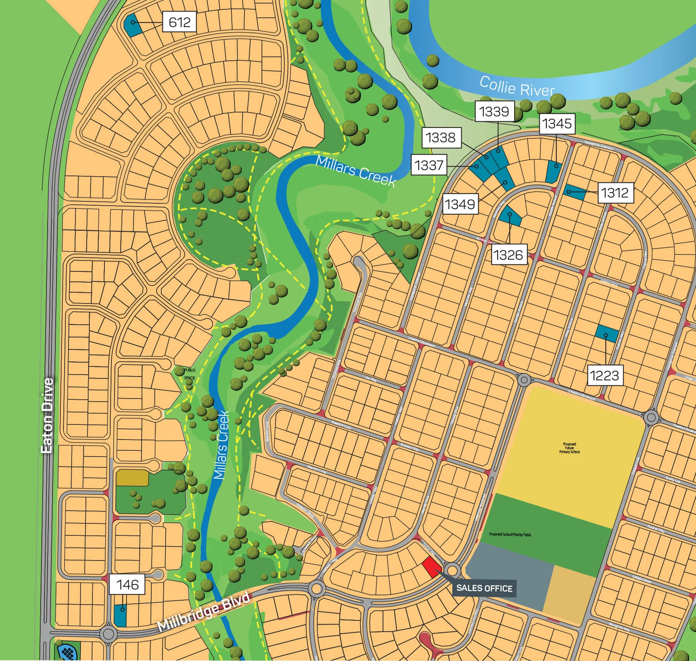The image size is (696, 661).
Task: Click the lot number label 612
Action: coord(179,22)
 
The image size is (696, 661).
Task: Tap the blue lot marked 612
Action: coord(132,25)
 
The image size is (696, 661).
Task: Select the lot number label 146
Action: coord(127,584)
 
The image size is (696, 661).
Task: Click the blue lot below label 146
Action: coord(120,615)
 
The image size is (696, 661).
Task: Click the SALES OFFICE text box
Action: coord(484,588)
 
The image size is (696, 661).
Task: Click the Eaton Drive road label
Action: coord(47,416)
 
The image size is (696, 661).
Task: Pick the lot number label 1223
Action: coord(604,375)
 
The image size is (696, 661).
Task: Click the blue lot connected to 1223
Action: coord(606,334)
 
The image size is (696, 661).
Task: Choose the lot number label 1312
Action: coord(615,193)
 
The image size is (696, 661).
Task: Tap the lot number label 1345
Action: coord(556,124)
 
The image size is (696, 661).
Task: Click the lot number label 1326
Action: coord(508,255)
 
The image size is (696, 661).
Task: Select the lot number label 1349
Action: coord(460,204)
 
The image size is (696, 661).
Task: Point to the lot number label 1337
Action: coord(429,165)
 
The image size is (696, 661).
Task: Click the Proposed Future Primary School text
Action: coord(569,448)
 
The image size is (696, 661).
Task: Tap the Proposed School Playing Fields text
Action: coord(510,534)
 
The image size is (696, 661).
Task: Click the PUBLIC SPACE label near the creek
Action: coord(190,374)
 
